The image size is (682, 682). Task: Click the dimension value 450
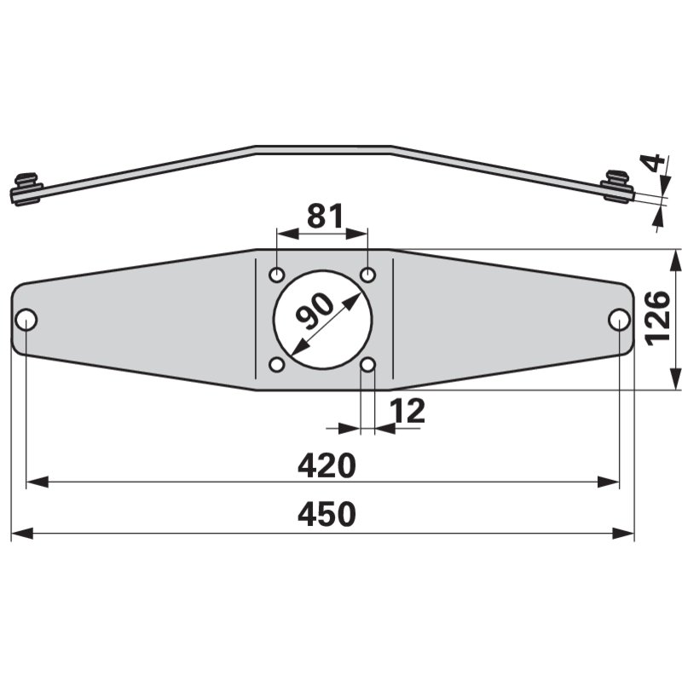coord(326,515)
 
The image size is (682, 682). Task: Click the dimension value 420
coord(326,465)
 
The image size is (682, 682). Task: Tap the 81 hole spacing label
coord(324,217)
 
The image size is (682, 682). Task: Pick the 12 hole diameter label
coord(407,412)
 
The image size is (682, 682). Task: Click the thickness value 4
coord(654,163)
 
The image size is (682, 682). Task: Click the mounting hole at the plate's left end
coord(26,320)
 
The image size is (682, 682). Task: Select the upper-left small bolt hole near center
coord(277,275)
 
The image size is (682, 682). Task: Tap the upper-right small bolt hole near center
coord(368,275)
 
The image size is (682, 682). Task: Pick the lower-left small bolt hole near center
coord(277,365)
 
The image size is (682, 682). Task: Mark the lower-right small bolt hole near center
coord(368,365)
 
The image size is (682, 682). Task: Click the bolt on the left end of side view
coord(26,189)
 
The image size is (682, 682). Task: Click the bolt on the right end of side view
coord(617,185)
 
